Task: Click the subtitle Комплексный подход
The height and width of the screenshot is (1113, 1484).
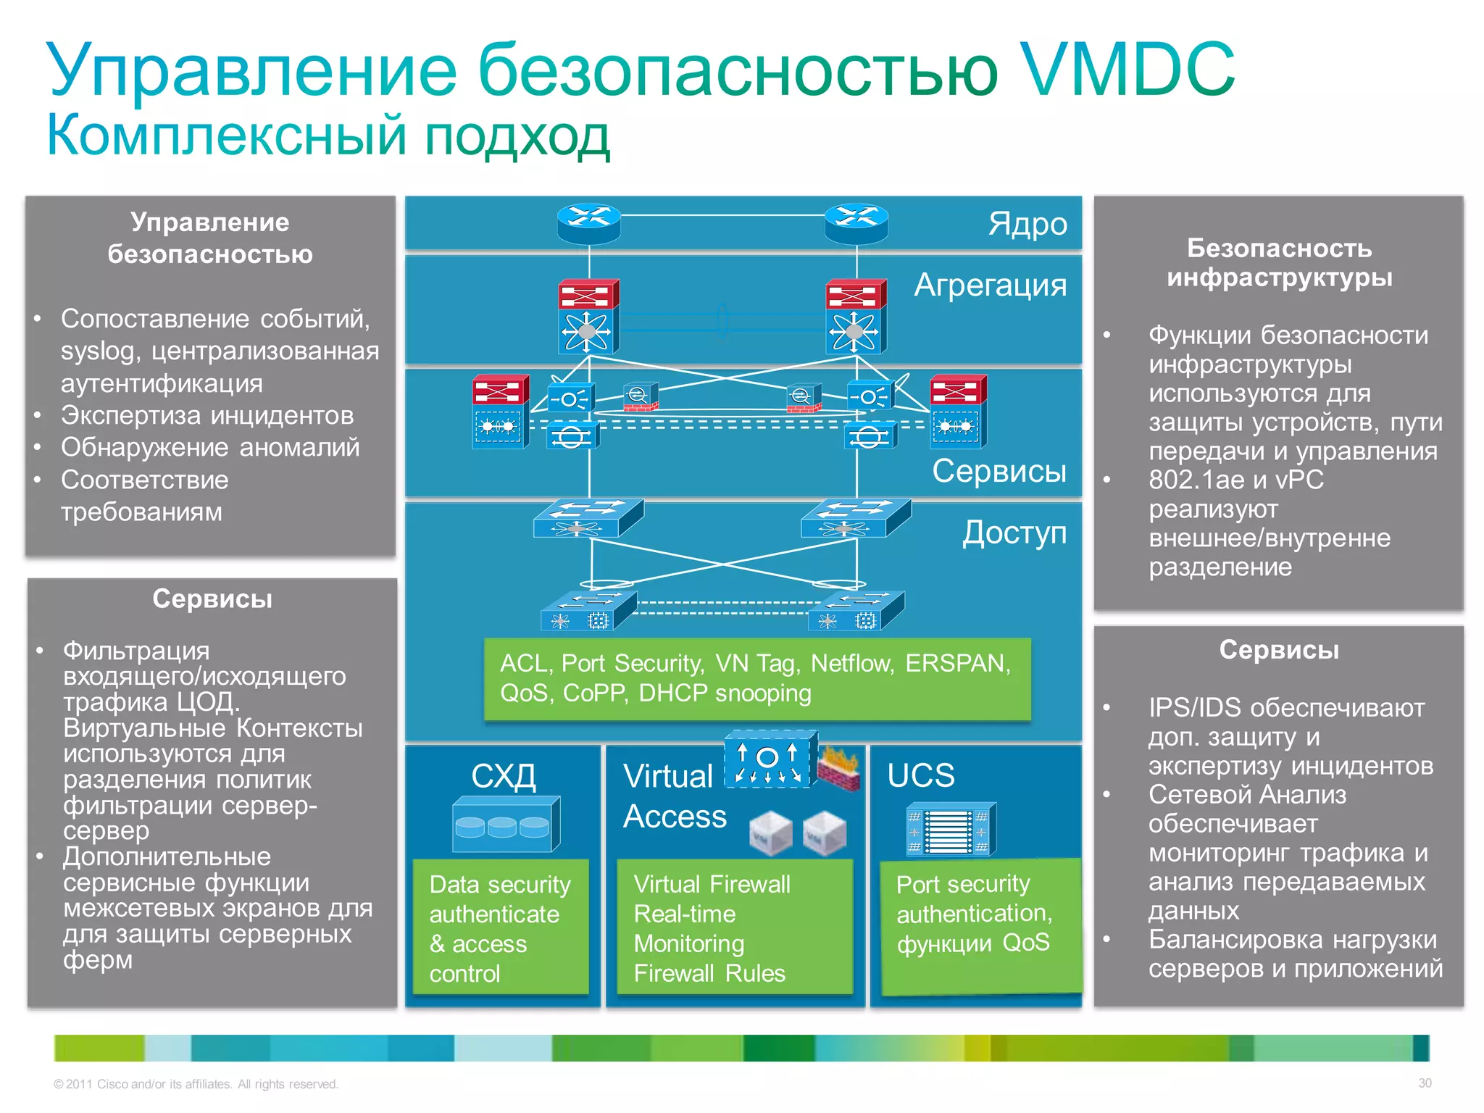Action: pyautogui.click(x=328, y=136)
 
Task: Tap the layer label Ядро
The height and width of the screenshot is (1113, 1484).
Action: pyautogui.click(x=1027, y=224)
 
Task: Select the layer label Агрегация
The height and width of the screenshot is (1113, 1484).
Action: pyautogui.click(x=990, y=285)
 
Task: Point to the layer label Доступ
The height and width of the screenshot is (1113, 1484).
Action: pyautogui.click(x=1014, y=533)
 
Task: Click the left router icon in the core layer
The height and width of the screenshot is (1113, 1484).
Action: pyautogui.click(x=588, y=223)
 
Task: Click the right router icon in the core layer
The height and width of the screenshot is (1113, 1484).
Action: pyautogui.click(x=856, y=223)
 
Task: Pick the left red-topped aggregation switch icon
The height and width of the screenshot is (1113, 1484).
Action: pyautogui.click(x=588, y=317)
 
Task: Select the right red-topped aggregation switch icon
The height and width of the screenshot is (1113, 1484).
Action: pyautogui.click(x=856, y=317)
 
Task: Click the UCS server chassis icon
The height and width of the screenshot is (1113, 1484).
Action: pyautogui.click(x=951, y=830)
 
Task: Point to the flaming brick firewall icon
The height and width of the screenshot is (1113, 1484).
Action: pyautogui.click(x=840, y=770)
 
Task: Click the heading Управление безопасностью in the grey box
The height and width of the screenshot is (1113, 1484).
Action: pyautogui.click(x=210, y=238)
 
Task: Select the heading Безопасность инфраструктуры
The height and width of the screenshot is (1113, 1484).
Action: pyautogui.click(x=1279, y=262)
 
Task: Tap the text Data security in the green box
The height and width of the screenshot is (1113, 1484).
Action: pyautogui.click(x=500, y=885)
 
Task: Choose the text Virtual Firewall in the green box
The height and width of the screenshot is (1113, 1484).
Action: pyautogui.click(x=712, y=884)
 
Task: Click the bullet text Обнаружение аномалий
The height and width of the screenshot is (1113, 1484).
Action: pyautogui.click(x=210, y=447)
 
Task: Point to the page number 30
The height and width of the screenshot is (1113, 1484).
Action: pyautogui.click(x=1425, y=1083)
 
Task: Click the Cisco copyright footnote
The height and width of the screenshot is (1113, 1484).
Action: pyautogui.click(x=196, y=1084)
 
